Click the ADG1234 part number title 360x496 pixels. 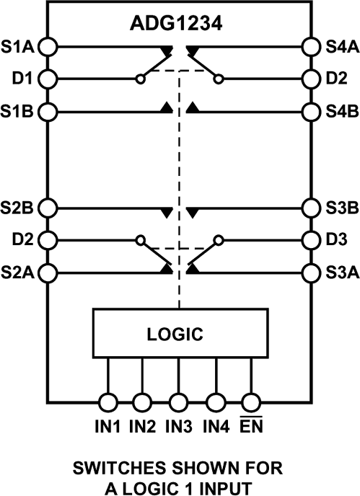180,23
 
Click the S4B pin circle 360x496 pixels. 311,111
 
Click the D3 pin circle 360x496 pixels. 311,239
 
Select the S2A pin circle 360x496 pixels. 48,272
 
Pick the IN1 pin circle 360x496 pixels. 107,402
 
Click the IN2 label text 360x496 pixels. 143,428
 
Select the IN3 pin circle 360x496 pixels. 179,402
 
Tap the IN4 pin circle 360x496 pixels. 215,402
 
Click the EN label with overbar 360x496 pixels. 251,427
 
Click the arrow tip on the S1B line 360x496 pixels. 167,108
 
